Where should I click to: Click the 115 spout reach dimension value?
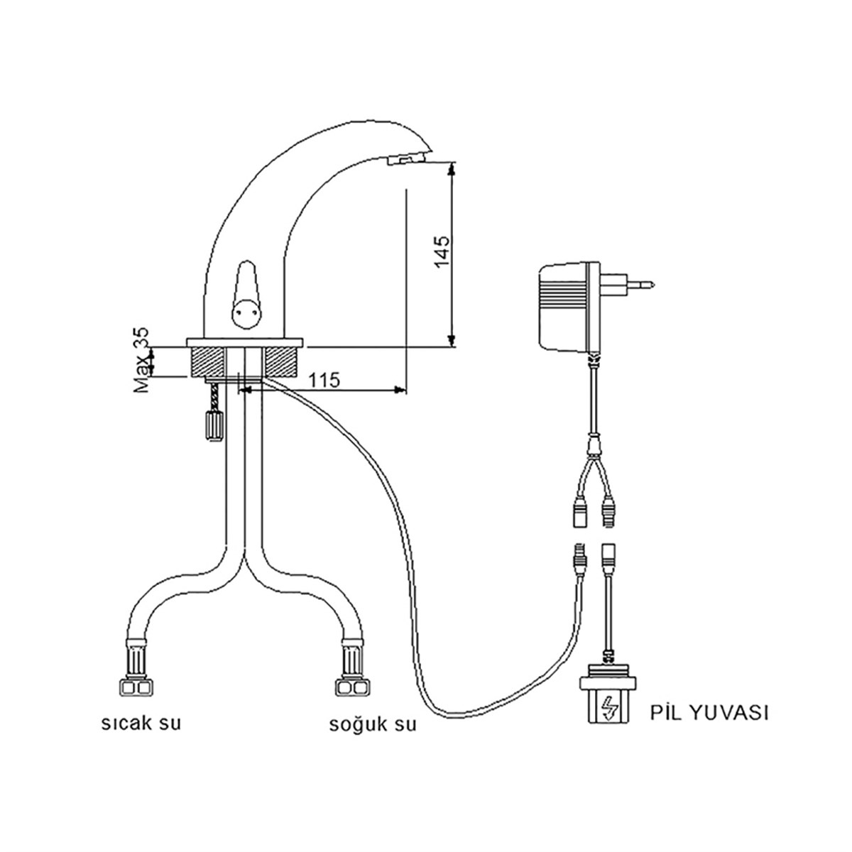point(324,379)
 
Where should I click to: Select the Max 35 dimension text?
point(142,361)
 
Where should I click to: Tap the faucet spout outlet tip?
point(405,163)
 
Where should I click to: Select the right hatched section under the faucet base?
point(283,362)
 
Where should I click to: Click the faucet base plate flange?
point(246,343)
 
